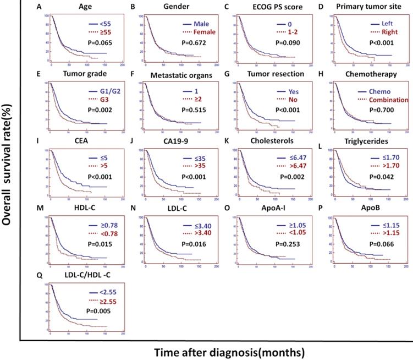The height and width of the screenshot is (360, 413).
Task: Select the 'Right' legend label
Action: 380,32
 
